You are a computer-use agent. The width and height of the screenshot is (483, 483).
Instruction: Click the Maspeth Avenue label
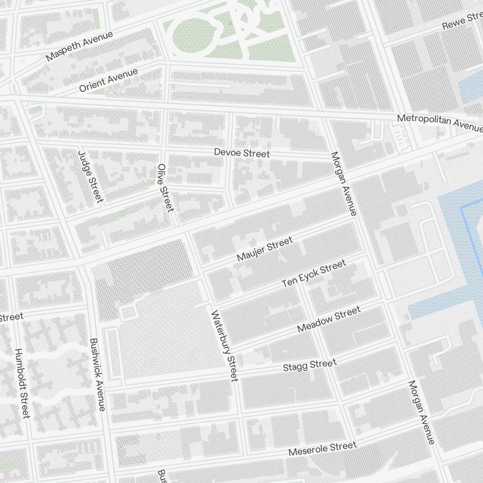80,46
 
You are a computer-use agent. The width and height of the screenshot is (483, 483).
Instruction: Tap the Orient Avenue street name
109,80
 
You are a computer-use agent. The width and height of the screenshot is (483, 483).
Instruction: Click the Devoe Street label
242,153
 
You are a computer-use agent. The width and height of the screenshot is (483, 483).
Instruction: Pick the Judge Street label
90,177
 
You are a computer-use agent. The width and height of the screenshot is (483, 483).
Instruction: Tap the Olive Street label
165,187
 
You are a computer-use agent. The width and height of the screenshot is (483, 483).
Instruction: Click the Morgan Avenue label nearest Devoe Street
343,184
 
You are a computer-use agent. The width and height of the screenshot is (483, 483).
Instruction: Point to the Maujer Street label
265,249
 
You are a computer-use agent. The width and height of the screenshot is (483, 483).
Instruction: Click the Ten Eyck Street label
314,274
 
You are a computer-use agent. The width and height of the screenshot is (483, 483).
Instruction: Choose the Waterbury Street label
225,345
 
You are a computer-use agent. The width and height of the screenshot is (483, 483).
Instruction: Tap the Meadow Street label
328,319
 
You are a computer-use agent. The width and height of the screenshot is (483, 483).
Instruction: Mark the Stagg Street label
309,366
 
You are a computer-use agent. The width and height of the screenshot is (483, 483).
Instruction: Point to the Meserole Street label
322,449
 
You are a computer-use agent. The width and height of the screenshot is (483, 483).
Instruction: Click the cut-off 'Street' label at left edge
11,317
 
